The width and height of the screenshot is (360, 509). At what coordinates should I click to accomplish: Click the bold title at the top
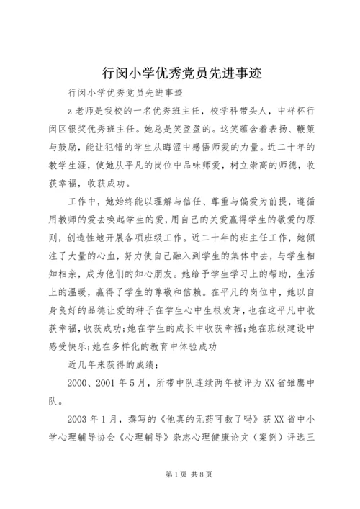pos(179,72)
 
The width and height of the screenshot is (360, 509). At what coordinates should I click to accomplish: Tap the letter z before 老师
pos(67,112)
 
